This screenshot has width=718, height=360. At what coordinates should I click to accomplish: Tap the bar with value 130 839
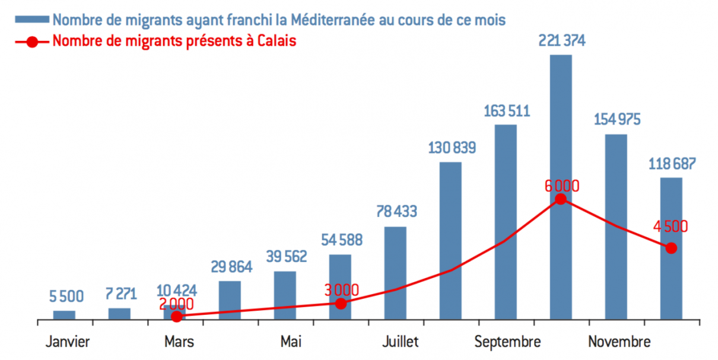point(450,240)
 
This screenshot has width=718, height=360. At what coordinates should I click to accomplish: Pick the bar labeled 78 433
point(395,273)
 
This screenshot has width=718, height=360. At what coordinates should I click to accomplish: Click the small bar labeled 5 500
point(64,315)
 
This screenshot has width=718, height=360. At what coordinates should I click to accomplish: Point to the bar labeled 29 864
point(230,300)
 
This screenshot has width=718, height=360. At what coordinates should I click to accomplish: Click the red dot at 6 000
point(560,199)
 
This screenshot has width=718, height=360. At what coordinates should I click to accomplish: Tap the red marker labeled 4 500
point(671,248)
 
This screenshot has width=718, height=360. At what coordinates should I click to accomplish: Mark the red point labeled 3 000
point(340,303)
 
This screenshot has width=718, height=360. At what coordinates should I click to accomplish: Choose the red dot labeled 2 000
point(176,316)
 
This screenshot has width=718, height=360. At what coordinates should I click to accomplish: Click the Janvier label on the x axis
point(67,342)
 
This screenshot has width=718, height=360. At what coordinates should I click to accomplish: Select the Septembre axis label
point(507,342)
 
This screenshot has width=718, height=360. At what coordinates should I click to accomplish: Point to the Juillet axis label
point(400,342)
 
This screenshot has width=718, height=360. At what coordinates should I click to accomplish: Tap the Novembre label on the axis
point(619,342)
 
